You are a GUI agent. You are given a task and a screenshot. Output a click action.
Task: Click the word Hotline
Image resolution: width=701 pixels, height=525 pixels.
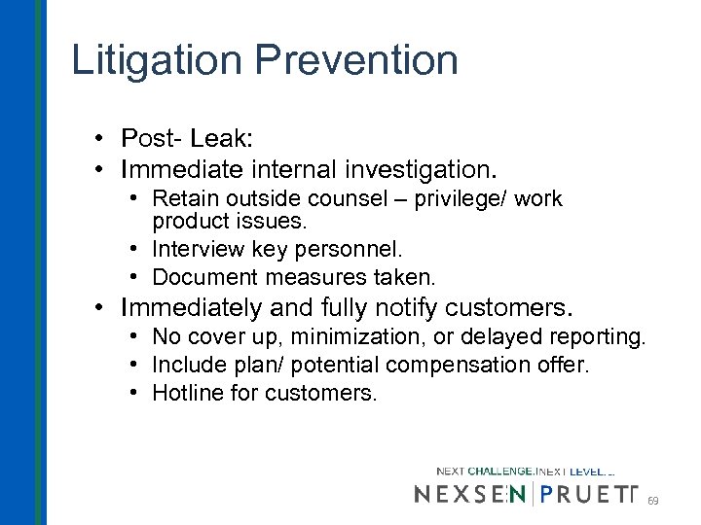pos(186,394)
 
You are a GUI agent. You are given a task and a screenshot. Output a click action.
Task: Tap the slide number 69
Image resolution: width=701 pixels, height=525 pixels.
pos(653,501)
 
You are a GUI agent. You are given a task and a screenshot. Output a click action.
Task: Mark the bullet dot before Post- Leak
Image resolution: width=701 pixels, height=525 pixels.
pos(102,138)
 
